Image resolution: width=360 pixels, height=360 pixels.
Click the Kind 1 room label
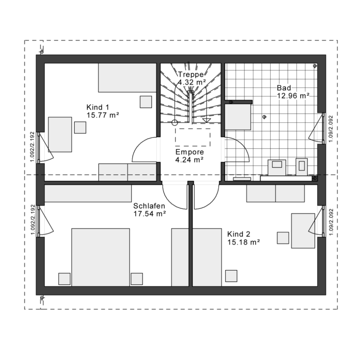coord(98,107)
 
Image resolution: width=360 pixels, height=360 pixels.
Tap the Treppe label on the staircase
coord(191,75)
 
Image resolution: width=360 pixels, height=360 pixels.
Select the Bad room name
coord(284,88)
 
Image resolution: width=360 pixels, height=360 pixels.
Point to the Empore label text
coord(189,152)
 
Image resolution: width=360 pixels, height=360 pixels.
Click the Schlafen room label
coord(149,206)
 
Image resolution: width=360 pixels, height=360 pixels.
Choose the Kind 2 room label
coord(239,234)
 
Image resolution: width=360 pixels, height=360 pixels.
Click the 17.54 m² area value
coord(150,214)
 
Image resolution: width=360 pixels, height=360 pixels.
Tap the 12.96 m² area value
coord(293,95)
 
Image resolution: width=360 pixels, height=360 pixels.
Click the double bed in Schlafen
coord(100,257)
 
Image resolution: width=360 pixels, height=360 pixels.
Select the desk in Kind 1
coord(60,135)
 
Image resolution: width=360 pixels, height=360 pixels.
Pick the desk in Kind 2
coord(303,231)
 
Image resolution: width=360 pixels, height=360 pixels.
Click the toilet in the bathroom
coord(301,167)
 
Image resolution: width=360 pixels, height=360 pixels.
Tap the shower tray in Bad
coord(238,117)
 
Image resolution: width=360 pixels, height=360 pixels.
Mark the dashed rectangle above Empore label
coord(193,137)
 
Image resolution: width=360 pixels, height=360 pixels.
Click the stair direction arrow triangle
coord(207,121)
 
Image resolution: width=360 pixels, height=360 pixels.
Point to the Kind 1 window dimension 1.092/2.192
coord(32,147)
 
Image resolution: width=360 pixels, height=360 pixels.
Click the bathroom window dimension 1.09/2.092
coord(331,129)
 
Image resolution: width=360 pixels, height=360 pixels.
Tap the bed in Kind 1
coord(127,78)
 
